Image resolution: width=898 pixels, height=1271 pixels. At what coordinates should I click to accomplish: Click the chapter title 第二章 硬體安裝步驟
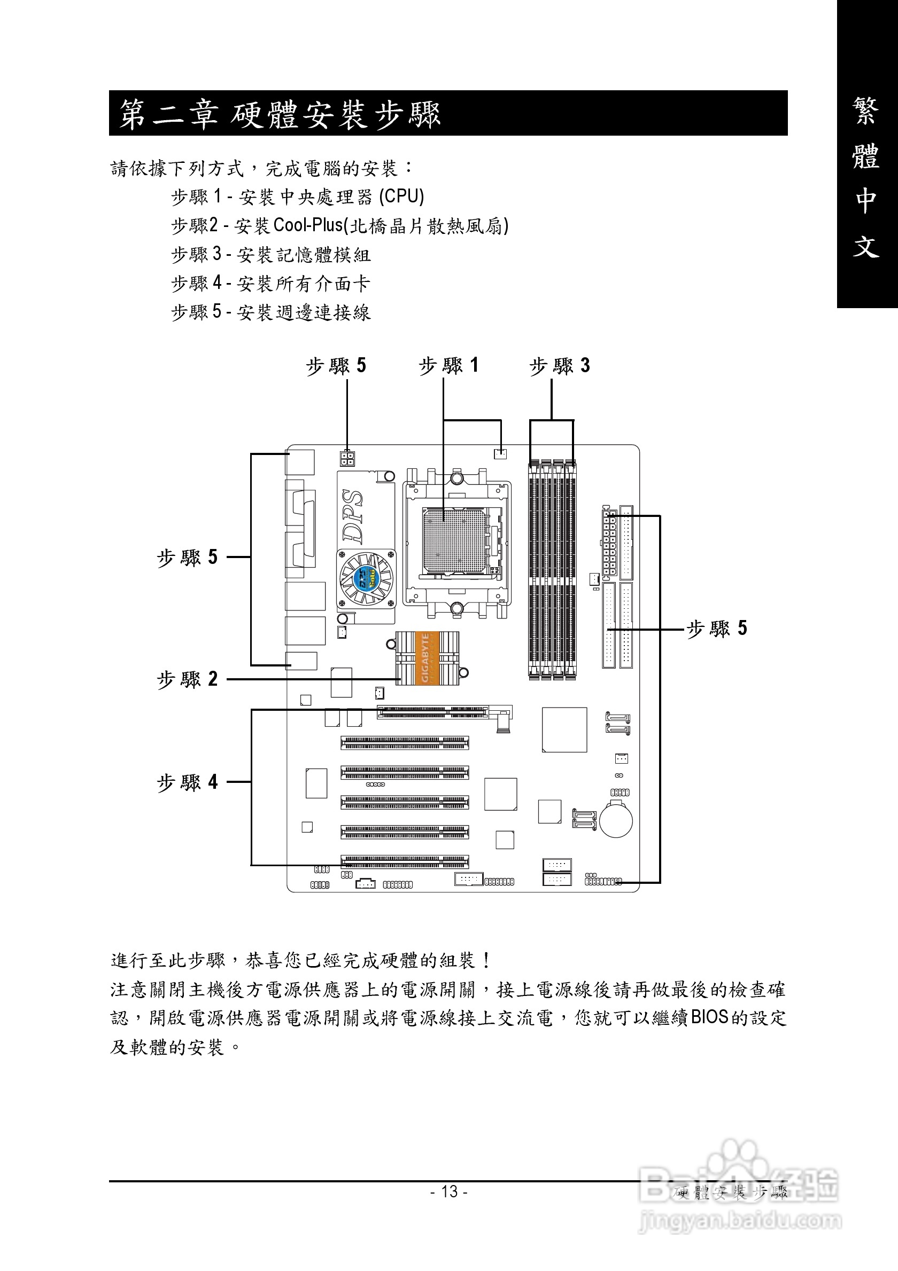280,114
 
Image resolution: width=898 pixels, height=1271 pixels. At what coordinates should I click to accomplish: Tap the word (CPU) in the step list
401,197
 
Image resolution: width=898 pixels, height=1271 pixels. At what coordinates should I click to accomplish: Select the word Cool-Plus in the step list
308,225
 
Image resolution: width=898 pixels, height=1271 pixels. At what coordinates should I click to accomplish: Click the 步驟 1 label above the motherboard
448,365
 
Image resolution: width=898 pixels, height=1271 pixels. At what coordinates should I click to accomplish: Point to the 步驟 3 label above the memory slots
560,365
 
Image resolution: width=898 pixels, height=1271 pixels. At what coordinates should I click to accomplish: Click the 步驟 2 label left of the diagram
187,679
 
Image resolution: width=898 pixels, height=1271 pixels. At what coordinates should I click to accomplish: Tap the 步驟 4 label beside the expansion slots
187,782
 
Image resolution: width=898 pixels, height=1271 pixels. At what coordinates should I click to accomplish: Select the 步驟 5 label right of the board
717,629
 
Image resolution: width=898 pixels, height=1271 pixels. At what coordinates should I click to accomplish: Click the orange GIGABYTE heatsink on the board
427,657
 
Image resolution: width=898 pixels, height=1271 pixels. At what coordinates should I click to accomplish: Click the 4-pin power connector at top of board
347,458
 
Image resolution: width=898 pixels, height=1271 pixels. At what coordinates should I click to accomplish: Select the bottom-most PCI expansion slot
405,861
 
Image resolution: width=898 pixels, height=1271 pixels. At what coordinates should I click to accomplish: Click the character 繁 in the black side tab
865,111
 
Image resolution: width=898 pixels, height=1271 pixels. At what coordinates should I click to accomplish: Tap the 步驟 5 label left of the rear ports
187,557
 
